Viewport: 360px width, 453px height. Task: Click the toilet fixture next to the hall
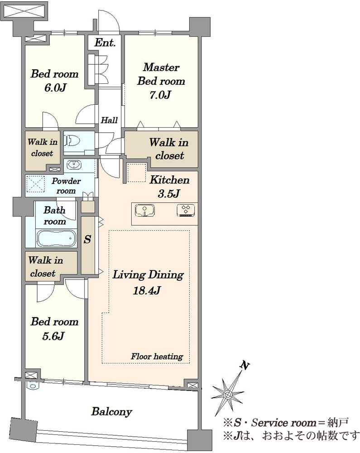coord(72,141)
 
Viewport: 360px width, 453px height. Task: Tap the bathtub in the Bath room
coord(56,238)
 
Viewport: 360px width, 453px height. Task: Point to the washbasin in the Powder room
coord(74,165)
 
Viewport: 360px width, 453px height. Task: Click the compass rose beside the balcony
coord(228,393)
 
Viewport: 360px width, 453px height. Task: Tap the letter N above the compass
coord(244,366)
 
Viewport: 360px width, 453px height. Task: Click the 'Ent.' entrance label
coord(105,43)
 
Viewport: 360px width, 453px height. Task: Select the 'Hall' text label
coord(109,120)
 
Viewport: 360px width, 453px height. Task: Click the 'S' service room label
coord(87,239)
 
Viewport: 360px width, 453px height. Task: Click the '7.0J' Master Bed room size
coord(160,95)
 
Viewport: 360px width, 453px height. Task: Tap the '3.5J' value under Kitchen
coord(169,193)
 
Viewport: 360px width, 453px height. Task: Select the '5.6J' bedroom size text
coord(53,336)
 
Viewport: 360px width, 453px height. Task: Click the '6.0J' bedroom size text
coord(55,87)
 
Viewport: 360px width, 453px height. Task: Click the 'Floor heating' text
coord(157,357)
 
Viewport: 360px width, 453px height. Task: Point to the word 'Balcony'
coord(112,411)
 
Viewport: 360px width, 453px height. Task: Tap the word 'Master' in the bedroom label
coord(161,67)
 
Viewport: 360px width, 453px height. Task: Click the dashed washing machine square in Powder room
coord(35,184)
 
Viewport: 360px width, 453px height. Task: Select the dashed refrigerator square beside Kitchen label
coord(137,173)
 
